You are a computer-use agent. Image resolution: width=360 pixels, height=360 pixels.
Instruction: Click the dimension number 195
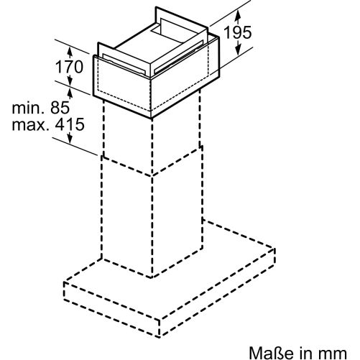238,32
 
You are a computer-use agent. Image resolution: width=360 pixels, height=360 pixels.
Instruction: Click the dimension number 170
69,67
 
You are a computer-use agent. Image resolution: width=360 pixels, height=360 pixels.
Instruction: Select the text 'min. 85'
41,108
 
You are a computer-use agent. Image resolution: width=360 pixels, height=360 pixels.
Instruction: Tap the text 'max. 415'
48,124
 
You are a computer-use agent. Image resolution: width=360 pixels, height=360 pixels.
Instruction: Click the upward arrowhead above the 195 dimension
237,16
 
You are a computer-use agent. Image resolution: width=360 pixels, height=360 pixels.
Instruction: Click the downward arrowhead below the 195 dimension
237,48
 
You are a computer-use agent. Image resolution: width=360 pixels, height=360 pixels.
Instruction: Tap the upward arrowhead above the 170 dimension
70,52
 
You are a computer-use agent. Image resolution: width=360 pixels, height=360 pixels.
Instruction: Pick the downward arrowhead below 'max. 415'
70,138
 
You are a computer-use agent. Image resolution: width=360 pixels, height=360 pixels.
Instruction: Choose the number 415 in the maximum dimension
70,124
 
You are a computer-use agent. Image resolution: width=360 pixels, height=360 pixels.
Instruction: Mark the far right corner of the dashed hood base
274,249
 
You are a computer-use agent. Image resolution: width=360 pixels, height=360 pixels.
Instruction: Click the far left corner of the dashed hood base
64,282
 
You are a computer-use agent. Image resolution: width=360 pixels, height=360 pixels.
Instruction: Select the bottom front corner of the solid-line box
151,119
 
